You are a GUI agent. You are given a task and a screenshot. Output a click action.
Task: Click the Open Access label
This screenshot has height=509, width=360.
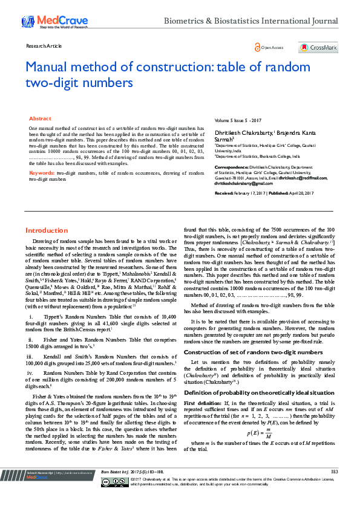tap(272, 47)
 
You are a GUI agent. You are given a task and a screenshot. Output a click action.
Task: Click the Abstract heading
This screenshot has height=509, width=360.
tap(40, 119)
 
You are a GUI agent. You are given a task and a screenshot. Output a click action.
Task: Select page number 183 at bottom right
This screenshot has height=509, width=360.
tap(334, 487)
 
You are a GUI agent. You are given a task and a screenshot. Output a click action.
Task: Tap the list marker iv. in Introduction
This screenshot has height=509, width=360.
tap(30, 374)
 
